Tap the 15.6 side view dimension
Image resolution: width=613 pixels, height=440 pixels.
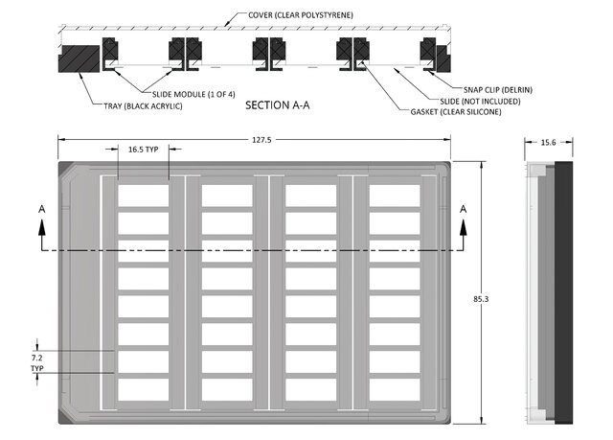pos(549,141)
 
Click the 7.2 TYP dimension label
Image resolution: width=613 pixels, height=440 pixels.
pos(38,361)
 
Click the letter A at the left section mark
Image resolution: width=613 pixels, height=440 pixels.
pos(41,209)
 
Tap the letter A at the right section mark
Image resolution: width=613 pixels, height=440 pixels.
pos(464,209)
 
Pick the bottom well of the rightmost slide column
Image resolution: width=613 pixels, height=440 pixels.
pos(395,391)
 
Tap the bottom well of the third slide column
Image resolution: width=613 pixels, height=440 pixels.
pos(310,391)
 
